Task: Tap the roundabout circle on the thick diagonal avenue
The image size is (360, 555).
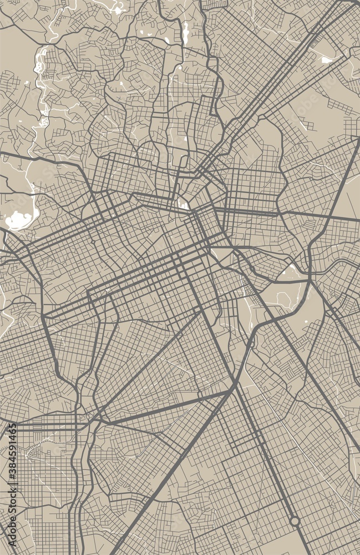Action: pyautogui.click(x=295, y=521)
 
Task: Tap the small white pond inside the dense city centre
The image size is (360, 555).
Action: pyautogui.click(x=183, y=205)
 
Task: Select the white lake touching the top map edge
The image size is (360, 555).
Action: pyautogui.click(x=118, y=8)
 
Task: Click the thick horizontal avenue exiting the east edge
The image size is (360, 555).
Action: pyautogui.click(x=333, y=217)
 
